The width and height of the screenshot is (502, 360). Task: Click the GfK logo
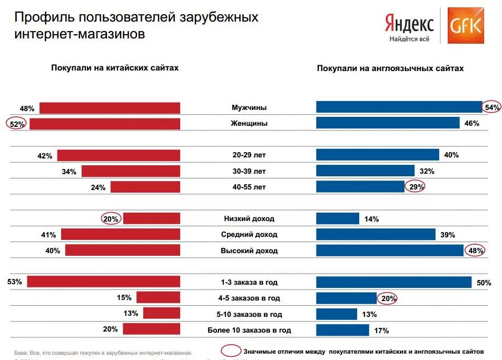tap(466, 26)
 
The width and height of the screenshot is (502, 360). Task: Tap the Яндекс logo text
tap(409, 23)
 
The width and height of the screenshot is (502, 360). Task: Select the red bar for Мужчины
tap(110, 108)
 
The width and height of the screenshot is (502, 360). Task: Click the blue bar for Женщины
tap(388, 123)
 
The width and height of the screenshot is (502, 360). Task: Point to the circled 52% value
tap(16, 124)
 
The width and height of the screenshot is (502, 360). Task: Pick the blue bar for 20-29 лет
tap(377, 155)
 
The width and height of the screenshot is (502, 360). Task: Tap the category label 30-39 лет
tap(249, 171)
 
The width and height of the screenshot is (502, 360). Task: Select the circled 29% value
tap(415, 187)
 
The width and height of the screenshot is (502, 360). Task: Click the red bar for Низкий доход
tap(152, 218)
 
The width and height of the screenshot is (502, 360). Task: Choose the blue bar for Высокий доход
tap(390, 251)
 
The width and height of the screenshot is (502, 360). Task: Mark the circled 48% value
tap(475, 251)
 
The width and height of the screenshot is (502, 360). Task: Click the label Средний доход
tap(249, 235)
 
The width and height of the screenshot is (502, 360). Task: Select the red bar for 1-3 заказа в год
tap(103, 282)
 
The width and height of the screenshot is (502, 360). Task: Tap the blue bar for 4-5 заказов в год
tap(346, 298)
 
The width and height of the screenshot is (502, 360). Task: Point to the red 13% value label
tap(131, 313)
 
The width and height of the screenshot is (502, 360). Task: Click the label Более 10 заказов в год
tap(249, 331)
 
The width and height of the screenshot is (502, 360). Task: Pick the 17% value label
tap(381, 331)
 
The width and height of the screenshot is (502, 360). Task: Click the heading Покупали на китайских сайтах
tap(115, 68)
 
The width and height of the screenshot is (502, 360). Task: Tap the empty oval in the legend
tap(230, 351)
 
